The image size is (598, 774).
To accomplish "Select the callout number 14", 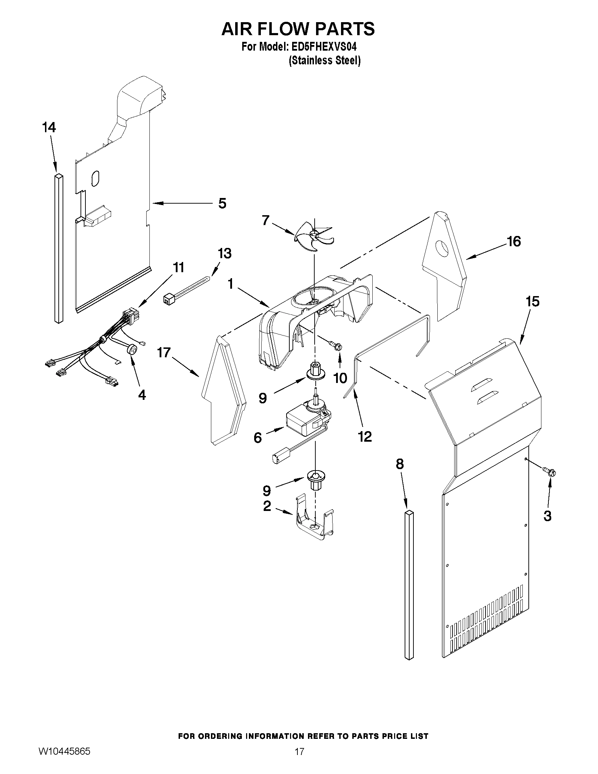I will pyautogui.click(x=49, y=128).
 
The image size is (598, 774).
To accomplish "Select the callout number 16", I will pyautogui.click(x=514, y=242).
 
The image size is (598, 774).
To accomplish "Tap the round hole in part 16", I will pyautogui.click(x=442, y=248).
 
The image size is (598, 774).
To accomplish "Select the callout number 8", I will pyautogui.click(x=400, y=464).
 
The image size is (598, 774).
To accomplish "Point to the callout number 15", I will pyautogui.click(x=533, y=302).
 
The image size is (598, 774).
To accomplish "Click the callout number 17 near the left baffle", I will pyautogui.click(x=164, y=353).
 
